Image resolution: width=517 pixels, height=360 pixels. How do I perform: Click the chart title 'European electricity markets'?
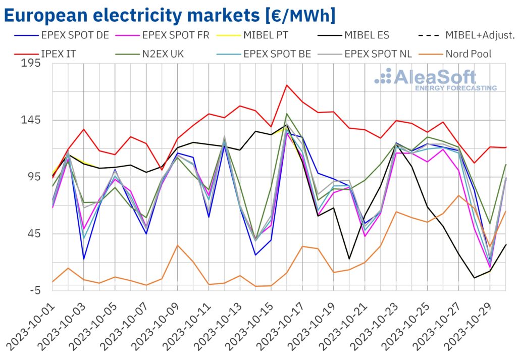point(169,15)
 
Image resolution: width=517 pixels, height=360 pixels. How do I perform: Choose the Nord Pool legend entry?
point(464,53)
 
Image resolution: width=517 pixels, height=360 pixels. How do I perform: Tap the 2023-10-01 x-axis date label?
point(30,323)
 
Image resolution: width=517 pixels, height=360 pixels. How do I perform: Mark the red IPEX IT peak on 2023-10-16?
point(287,85)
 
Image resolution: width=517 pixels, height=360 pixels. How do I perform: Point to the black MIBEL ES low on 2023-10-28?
point(475,278)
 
